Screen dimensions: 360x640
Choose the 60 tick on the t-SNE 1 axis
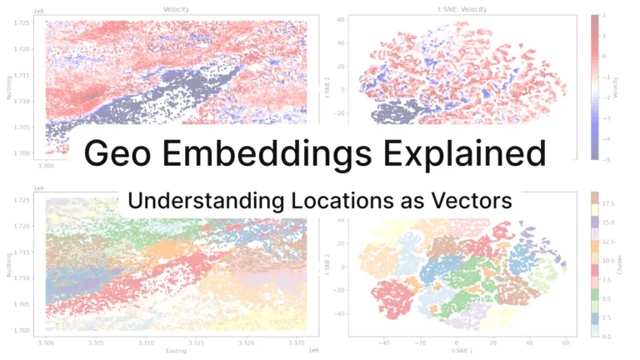[566, 342]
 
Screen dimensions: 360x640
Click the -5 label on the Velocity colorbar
[606, 158]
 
